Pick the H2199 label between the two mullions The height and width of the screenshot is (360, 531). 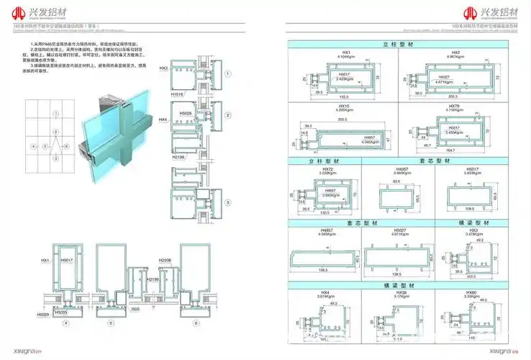152,278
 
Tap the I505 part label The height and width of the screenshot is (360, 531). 135,307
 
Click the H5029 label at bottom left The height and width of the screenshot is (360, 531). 42,315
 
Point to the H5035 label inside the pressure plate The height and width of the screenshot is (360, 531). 61,312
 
